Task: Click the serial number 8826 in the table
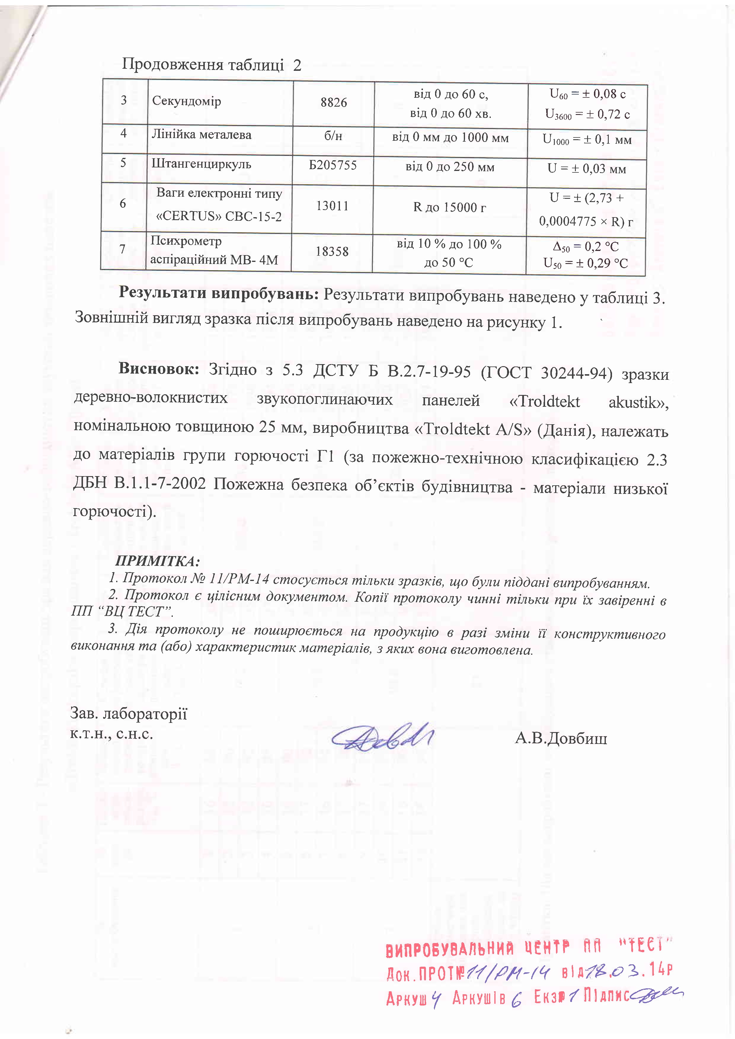(333, 103)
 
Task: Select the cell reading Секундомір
(186, 101)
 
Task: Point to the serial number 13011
(332, 206)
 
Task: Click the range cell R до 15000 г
(449, 208)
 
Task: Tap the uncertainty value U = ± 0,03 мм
(587, 169)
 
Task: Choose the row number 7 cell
(122, 249)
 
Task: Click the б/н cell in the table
(333, 136)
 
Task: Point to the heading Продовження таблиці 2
(211, 65)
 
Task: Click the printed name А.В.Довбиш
(561, 739)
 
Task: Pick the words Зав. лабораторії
(129, 714)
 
